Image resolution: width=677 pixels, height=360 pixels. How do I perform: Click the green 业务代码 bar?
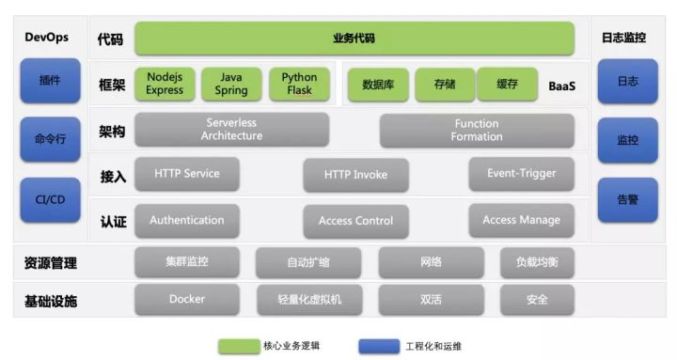coord(354,39)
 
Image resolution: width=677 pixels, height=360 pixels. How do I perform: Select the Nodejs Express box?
coord(165,85)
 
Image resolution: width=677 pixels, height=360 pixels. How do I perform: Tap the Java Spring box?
coord(231,85)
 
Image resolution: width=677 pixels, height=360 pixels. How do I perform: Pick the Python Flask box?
coord(299,85)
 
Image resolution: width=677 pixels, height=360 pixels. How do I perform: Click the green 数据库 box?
coord(378,85)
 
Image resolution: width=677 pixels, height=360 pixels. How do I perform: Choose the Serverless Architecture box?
coord(231,130)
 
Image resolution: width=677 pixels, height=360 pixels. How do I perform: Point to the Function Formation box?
coord(477,130)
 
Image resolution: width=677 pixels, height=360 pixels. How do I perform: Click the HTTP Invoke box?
coord(355,175)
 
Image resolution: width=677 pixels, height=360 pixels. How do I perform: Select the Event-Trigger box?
coord(521,174)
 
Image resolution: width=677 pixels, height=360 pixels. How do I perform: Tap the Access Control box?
coord(355,221)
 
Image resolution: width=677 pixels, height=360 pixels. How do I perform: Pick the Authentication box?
coord(187,220)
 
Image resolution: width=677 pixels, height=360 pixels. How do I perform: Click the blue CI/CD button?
coord(51,199)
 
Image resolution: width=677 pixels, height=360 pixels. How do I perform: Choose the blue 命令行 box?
coord(51,140)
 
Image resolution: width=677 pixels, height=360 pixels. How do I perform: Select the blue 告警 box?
coord(627,199)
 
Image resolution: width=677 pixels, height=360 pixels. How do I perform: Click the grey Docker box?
coord(187,300)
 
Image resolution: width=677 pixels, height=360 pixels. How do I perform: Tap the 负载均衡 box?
coord(537,262)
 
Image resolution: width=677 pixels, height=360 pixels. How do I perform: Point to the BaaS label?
coord(561,86)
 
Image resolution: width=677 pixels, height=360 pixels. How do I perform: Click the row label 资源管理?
coord(51,263)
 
